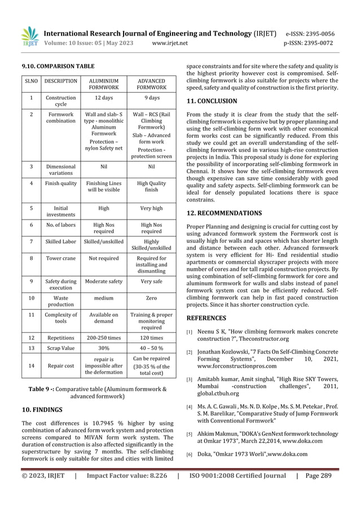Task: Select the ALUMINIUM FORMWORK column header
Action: pyautogui.click(x=104, y=84)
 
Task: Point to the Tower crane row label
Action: pyautogui.click(x=61, y=259)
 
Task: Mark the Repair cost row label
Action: pyautogui.click(x=61, y=365)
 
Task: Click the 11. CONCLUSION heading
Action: pyautogui.click(x=212, y=102)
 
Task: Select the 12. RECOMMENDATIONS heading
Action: pyautogui.click(x=224, y=213)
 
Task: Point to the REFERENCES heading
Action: pyautogui.click(x=208, y=318)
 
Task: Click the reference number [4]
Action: pyautogui.click(x=190, y=407)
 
